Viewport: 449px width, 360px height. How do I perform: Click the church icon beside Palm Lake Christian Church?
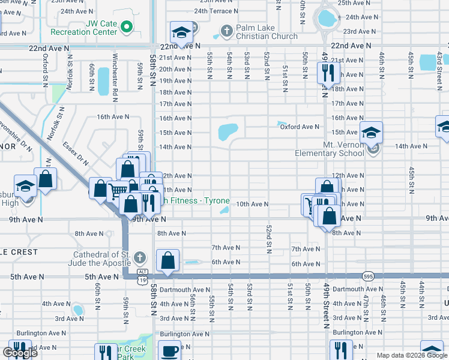click(x=226, y=30)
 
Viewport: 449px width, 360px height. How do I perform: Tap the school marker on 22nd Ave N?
click(x=181, y=32)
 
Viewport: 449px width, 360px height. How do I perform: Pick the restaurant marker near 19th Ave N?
click(x=328, y=73)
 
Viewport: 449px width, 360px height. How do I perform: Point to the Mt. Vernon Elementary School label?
click(x=329, y=149)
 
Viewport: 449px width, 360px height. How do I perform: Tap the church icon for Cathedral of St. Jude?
click(x=139, y=258)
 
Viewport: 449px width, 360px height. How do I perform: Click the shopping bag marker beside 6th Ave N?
click(x=169, y=260)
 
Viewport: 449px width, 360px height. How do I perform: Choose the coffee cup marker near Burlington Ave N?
click(x=170, y=350)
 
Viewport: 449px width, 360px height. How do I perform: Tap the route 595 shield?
click(x=369, y=276)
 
